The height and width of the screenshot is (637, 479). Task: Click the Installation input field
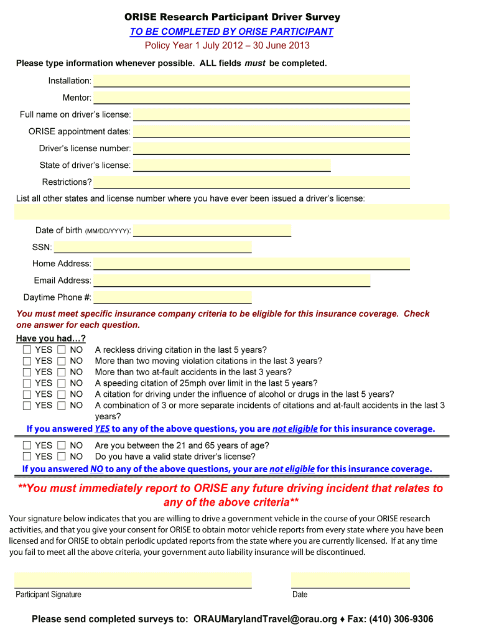pos(251,81)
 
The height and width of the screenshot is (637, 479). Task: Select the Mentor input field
pos(251,98)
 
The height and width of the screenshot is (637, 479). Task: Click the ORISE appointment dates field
pos(271,131)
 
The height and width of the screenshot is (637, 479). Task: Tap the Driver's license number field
pos(271,148)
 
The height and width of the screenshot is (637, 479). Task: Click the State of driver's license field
pos(231,165)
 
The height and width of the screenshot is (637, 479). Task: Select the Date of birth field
pos(212,230)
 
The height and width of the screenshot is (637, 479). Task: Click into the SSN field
pos(152,247)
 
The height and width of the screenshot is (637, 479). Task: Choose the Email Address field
pos(231,281)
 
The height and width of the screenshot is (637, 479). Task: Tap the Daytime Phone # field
pos(172,297)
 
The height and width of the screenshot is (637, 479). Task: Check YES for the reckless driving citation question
pos(27,350)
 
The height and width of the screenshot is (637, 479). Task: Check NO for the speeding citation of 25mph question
pos(62,383)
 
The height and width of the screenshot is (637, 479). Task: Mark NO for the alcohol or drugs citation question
pos(62,394)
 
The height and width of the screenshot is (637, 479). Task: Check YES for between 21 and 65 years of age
pos(27,445)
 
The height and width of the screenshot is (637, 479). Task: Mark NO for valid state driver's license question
pos(62,457)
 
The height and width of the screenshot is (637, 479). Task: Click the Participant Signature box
pos(133,580)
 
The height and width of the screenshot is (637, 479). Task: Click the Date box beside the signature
pos(350,580)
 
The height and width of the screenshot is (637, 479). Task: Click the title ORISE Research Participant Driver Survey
pos(232,17)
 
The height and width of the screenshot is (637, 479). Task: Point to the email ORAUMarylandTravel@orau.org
pos(266,620)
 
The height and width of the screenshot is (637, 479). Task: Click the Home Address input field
pos(251,264)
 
